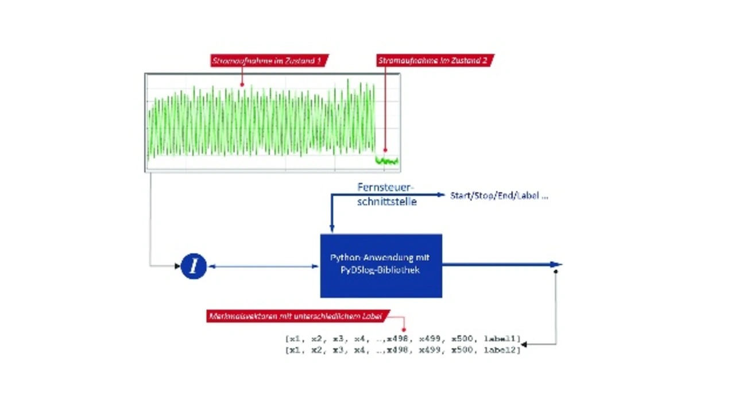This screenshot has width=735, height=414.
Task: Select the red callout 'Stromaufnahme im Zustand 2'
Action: click(x=435, y=60)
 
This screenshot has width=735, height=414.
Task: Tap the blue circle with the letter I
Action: click(x=194, y=266)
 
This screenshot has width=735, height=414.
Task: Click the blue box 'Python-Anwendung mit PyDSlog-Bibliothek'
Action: click(x=381, y=265)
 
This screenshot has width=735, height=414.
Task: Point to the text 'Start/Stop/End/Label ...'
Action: click(x=499, y=196)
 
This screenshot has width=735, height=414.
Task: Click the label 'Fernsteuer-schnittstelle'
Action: click(x=386, y=195)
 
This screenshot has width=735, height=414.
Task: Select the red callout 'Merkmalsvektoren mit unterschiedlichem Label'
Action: click(x=297, y=316)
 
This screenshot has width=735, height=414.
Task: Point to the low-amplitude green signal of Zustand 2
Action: click(x=386, y=161)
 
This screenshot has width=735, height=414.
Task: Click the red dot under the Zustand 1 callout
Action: click(x=242, y=85)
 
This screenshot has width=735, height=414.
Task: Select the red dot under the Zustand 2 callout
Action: click(x=385, y=150)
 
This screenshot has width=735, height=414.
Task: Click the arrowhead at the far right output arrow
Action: click(x=556, y=265)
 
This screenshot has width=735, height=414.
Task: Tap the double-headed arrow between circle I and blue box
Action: click(x=263, y=266)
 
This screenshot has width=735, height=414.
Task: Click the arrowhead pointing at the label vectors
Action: click(x=524, y=345)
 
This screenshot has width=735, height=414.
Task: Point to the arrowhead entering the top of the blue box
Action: click(x=332, y=229)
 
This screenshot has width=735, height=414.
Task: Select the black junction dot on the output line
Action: click(x=555, y=272)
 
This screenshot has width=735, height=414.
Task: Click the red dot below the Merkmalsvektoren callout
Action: click(x=404, y=330)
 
